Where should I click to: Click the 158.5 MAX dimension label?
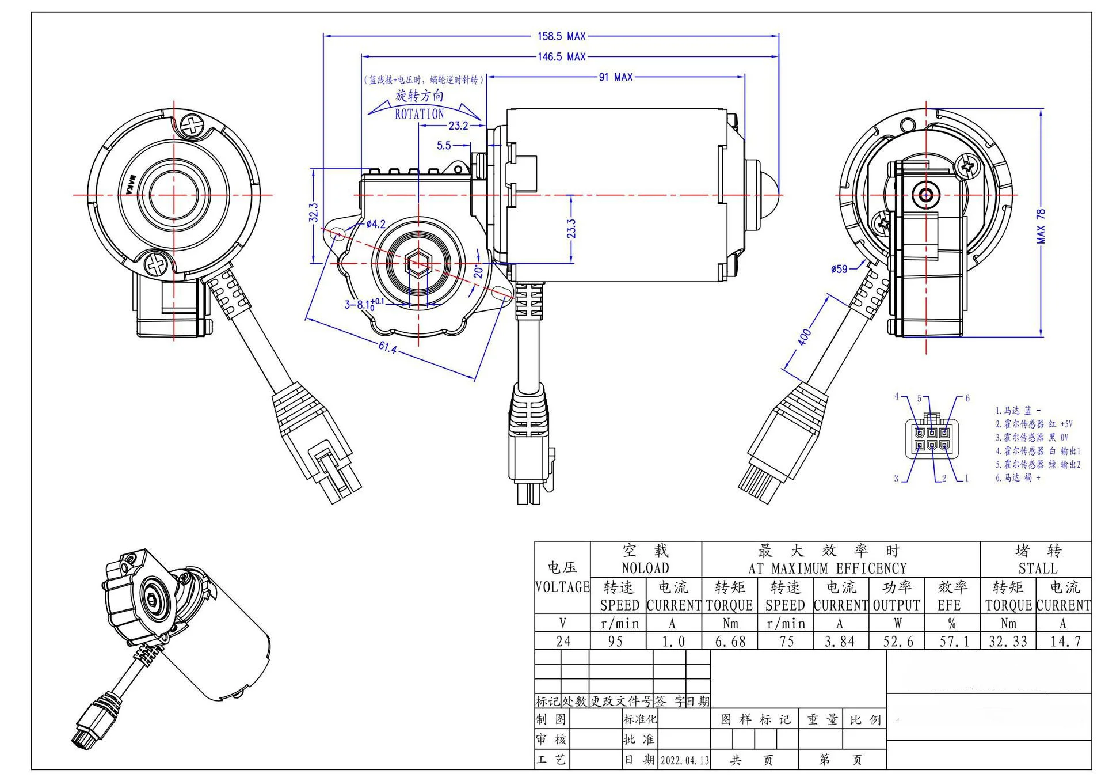pos(561,36)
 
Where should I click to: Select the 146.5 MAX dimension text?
pos(561,57)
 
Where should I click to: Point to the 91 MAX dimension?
pos(615,77)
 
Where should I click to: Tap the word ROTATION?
pos(419,114)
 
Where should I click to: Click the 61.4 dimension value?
pos(387,347)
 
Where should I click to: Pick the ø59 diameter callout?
pos(839,268)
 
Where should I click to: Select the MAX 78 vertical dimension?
pos(1041,226)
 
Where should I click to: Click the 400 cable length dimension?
pos(804,336)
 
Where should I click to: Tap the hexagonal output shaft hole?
pos(418,264)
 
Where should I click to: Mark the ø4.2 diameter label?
pos(375,225)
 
